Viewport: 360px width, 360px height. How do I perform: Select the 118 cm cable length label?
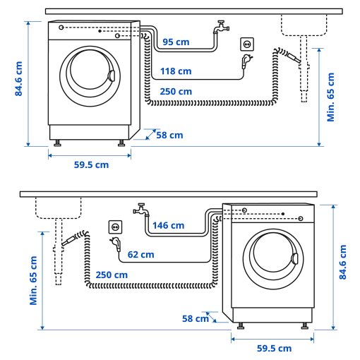click(174, 71)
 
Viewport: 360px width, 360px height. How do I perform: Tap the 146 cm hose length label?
click(169, 226)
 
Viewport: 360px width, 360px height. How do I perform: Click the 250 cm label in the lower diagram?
click(112, 275)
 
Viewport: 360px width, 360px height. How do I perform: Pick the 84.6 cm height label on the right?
click(343, 263)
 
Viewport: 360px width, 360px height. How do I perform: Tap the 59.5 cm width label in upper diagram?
click(91, 165)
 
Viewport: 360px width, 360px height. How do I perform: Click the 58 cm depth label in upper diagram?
click(170, 135)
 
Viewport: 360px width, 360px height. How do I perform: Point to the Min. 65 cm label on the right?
click(331, 96)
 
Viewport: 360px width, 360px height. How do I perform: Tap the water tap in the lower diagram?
click(140, 210)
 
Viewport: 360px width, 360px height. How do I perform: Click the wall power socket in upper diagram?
click(247, 44)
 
